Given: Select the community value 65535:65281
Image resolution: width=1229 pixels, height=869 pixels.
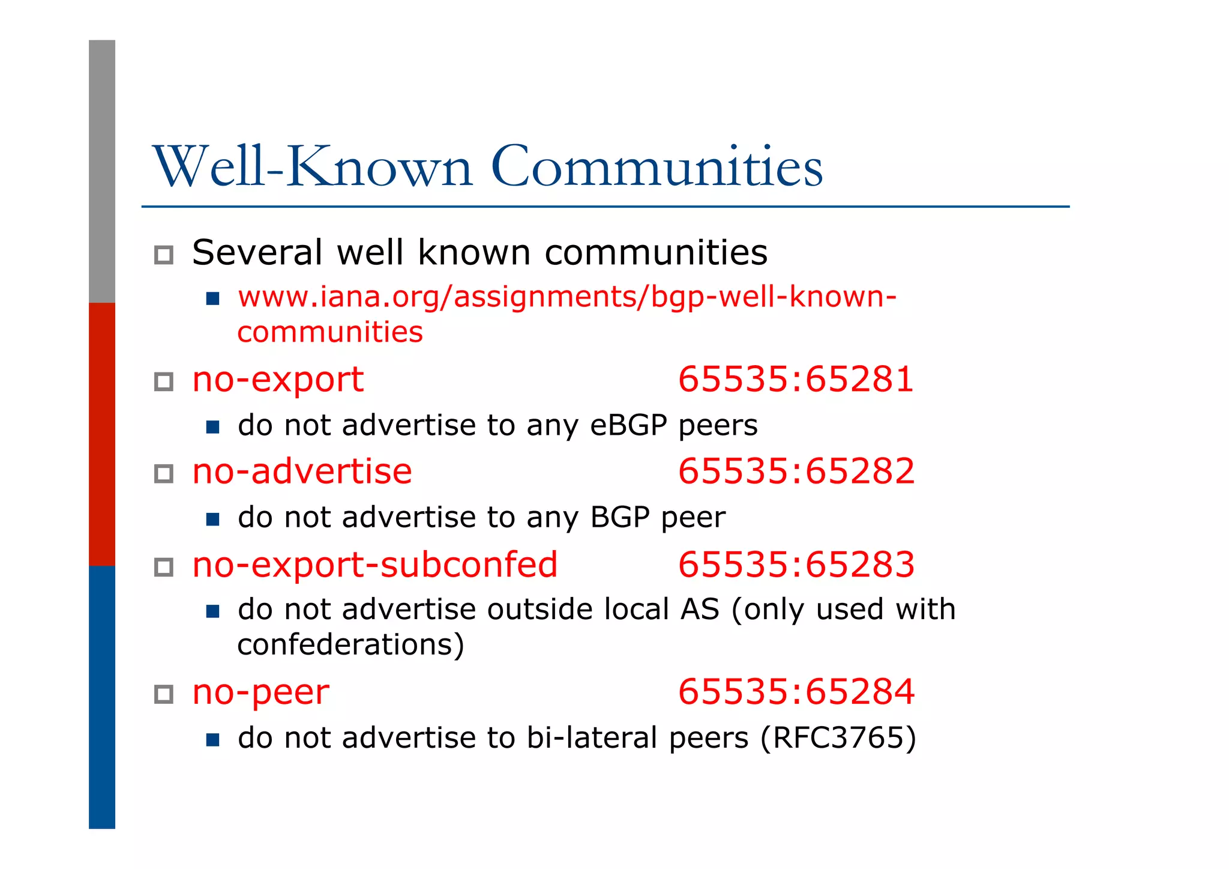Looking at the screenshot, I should pyautogui.click(x=796, y=380).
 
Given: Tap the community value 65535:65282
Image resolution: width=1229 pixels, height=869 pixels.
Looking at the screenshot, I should pyautogui.click(x=796, y=471).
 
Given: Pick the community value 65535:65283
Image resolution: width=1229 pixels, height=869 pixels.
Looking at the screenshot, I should pyautogui.click(x=796, y=565).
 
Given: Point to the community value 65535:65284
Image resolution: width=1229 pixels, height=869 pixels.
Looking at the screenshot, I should pyautogui.click(x=796, y=692).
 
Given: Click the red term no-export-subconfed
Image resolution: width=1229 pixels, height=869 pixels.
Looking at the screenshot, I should pyautogui.click(x=375, y=565).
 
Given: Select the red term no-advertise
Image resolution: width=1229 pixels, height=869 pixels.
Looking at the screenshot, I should pyautogui.click(x=302, y=471).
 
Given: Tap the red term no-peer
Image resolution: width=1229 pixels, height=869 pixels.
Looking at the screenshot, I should pyautogui.click(x=260, y=692).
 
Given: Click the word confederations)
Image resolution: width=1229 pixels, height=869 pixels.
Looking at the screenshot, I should pyautogui.click(x=351, y=644).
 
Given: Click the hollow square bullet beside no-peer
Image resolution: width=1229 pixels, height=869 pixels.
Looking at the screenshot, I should pyautogui.click(x=164, y=694).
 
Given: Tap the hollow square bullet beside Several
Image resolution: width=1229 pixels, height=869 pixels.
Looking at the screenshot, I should pyautogui.click(x=164, y=255).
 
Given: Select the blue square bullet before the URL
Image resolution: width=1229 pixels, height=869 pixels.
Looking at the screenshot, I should pyautogui.click(x=212, y=298).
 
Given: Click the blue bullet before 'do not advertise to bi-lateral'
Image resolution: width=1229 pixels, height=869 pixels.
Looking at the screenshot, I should pyautogui.click(x=212, y=739).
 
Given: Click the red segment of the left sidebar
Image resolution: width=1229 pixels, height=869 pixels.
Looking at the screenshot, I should pyautogui.click(x=102, y=434).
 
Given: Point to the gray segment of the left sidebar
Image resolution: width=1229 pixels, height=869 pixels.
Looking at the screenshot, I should pyautogui.click(x=102, y=171).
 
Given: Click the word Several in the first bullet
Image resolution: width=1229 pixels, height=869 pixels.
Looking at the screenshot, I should pyautogui.click(x=257, y=252).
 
